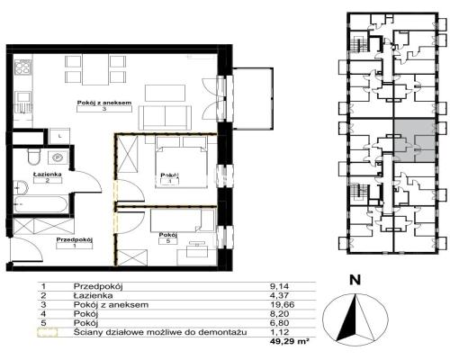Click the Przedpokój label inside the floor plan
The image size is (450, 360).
(75, 239)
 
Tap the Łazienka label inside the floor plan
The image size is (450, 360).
(48, 174)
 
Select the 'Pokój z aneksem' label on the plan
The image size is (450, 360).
(104, 103)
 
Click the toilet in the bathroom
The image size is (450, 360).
(33, 157)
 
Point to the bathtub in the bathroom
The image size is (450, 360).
(41, 204)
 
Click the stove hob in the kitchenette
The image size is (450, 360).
(22, 67)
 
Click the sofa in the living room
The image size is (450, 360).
(165, 118)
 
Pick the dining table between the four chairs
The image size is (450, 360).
(95, 69)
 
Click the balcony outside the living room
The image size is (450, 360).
(253, 98)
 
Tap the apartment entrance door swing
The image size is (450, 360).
(24, 249)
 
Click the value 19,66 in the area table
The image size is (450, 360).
(282, 305)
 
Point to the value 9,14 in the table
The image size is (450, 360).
(279, 286)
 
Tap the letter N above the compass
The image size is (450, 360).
(355, 280)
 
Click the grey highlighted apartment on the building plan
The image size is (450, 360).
(414, 140)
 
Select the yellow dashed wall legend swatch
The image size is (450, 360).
(48, 333)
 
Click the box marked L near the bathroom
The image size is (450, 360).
(60, 136)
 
